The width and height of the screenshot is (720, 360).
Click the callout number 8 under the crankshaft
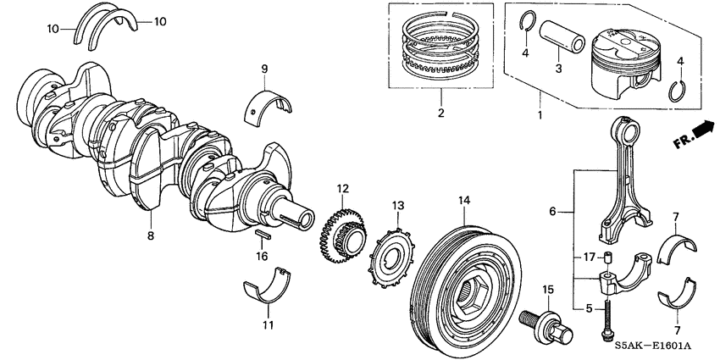[x=152, y=236]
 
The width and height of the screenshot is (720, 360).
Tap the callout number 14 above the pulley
[x=463, y=201]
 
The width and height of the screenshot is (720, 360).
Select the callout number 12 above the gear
[x=342, y=188]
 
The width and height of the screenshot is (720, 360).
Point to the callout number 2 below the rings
[x=440, y=113]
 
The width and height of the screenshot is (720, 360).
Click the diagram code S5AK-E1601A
[x=664, y=346]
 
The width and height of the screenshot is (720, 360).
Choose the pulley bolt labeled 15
[x=540, y=322]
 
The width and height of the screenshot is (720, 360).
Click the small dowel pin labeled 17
[x=607, y=258]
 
